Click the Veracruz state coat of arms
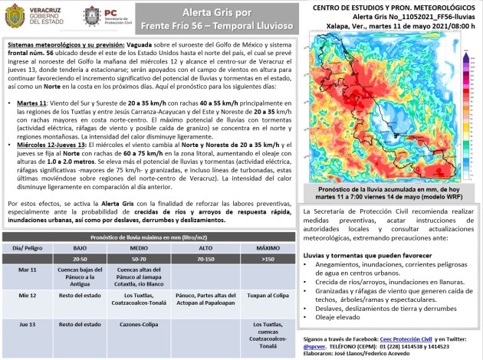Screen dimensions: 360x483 coord(92,15)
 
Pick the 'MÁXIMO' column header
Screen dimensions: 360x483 coord(267,248)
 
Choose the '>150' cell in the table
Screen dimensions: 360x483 coord(267,259)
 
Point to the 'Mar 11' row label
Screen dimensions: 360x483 coord(28,270)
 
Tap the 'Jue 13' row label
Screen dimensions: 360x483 coord(28,324)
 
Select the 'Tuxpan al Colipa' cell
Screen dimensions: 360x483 coord(267,294)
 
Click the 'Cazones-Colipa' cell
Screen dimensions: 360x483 coord(144,324)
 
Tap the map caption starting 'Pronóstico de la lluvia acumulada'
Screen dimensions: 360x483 coord(390,191)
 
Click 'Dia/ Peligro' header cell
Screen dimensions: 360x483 coord(28,248)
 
